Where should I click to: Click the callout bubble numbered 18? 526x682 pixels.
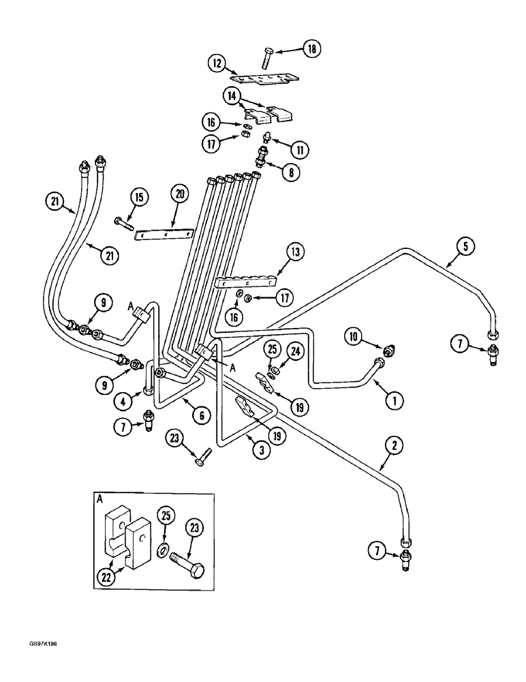[331, 48]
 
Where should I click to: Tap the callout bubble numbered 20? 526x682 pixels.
[180, 194]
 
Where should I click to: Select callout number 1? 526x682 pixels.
[392, 401]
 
